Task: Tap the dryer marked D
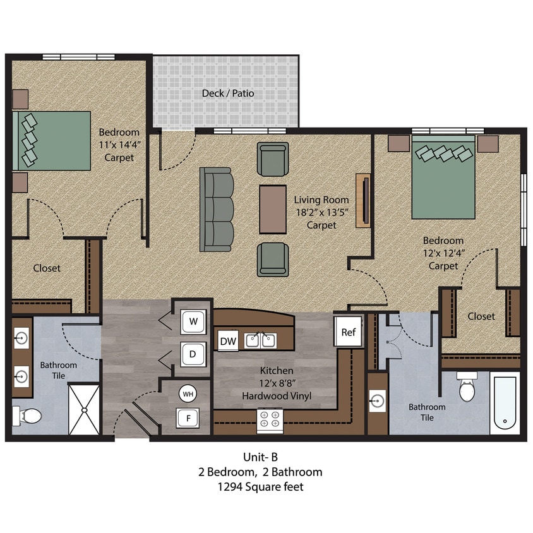click(x=193, y=354)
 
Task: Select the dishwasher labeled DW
click(x=228, y=341)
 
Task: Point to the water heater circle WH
click(x=188, y=394)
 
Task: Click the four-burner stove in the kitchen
click(x=270, y=421)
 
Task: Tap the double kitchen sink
click(x=260, y=341)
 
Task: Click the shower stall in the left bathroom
click(x=83, y=409)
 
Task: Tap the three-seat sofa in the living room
click(x=217, y=209)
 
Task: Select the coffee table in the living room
click(x=273, y=209)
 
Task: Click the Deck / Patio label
click(x=228, y=93)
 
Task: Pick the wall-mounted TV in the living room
click(x=362, y=201)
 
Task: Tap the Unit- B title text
click(x=261, y=457)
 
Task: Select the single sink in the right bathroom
click(x=377, y=400)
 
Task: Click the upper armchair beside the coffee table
click(x=273, y=159)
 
